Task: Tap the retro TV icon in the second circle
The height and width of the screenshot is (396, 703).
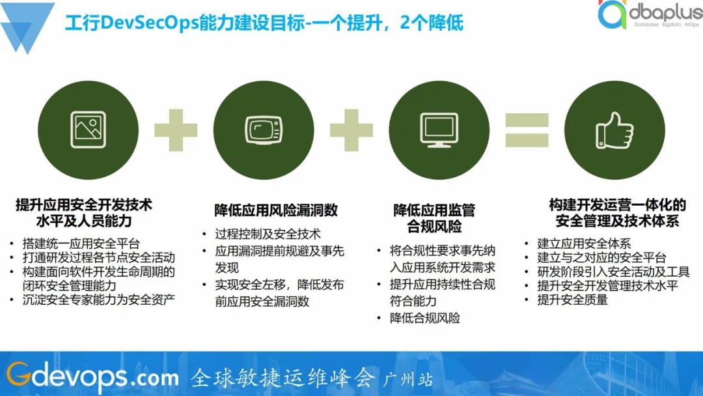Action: pos(263,128)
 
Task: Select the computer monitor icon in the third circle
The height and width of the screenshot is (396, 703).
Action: pos(438,128)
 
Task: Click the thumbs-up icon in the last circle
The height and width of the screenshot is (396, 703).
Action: pos(613,128)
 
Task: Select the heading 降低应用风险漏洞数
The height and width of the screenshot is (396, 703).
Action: pos(276,210)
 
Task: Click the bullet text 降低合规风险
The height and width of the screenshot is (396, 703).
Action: pos(425,318)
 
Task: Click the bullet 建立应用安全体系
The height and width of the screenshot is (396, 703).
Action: pos(584,244)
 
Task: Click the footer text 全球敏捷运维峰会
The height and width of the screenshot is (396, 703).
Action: pos(283,377)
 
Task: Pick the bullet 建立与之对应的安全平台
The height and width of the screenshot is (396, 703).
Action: pos(601,258)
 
